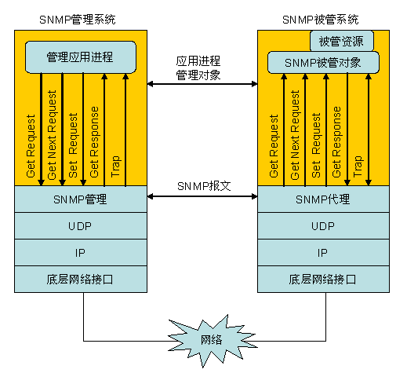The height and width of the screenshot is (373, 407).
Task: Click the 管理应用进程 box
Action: coord(81,57)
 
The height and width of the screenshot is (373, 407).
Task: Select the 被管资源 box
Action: coord(342,41)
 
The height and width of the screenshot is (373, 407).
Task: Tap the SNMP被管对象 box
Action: coord(323,63)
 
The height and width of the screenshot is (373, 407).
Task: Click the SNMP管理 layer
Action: coord(81,199)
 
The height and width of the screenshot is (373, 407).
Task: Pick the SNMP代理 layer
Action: coord(323,199)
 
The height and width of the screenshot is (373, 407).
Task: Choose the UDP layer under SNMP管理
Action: coord(81,226)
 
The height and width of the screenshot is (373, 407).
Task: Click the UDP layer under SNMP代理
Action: coord(323,226)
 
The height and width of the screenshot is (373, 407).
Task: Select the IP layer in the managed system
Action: coord(323,253)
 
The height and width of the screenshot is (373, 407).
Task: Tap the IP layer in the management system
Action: coord(81,253)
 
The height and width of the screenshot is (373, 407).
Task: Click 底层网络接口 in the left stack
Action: coord(81,280)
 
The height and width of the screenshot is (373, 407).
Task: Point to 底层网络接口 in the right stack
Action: coord(323,280)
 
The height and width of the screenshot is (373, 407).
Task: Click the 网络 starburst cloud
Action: coord(211,340)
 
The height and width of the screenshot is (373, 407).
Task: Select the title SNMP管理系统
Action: coord(78,20)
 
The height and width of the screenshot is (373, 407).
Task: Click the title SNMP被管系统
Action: coord(321,20)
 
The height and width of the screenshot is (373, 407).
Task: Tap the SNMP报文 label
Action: coord(204,186)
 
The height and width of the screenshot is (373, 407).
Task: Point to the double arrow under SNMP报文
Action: coord(202,196)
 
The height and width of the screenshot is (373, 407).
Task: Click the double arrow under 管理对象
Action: coord(202,84)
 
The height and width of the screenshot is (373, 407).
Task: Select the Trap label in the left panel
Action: coord(115,166)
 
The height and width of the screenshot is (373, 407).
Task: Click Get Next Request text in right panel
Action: coord(295,135)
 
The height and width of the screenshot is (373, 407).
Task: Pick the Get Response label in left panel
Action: coord(94,142)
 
